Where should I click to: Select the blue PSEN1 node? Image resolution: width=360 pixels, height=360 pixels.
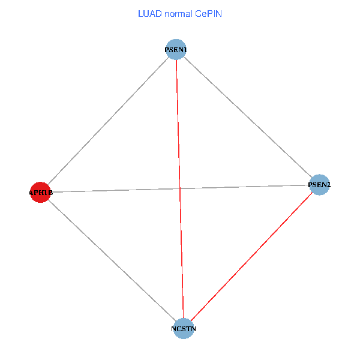(x=176, y=49)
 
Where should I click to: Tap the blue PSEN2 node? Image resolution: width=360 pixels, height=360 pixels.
(x=319, y=185)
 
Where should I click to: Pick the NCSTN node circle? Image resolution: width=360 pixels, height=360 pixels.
(x=184, y=328)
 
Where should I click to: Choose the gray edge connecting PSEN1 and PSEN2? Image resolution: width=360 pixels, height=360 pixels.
(x=247, y=117)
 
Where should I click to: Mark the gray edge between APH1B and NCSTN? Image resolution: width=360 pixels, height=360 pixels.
(x=112, y=260)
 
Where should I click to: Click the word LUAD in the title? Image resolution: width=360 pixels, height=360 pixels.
(x=149, y=13)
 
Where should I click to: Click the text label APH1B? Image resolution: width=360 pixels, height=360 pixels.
(x=40, y=193)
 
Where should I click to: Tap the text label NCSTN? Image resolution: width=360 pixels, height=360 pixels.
(x=184, y=329)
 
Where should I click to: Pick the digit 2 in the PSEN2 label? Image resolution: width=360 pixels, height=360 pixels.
(x=328, y=185)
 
